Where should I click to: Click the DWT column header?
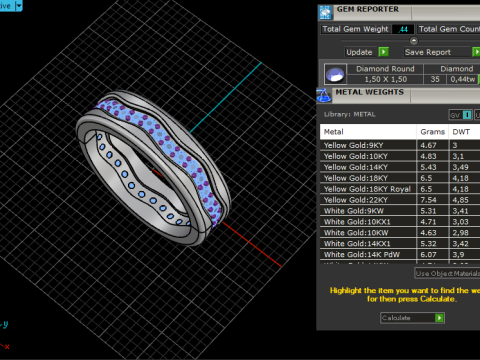coord(462,131)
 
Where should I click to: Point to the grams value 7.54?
coord(429,199)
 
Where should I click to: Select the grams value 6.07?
coord(429,254)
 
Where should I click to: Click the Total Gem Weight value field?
coord(403,30)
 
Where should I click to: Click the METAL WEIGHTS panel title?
coord(369,91)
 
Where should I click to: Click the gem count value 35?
coord(434,78)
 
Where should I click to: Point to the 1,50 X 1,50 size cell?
coord(385,78)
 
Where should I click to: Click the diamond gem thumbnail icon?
coord(337,74)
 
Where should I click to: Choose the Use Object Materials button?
coord(447,273)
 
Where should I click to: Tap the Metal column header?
coord(334,131)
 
